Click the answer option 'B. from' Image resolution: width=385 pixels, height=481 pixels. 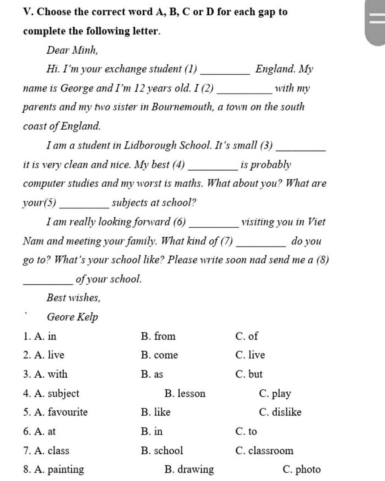[158, 336]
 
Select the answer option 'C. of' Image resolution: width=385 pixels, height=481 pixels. [247, 336]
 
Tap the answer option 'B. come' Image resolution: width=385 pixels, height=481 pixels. [159, 355]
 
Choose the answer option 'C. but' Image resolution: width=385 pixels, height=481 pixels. [249, 374]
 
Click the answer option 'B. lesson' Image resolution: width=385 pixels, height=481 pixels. [185, 393]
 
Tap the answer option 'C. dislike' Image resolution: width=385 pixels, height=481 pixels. [280, 412]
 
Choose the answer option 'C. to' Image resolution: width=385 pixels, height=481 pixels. [246, 431]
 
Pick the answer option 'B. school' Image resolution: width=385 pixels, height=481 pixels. [162, 451]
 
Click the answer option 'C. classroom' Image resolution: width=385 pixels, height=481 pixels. [264, 451]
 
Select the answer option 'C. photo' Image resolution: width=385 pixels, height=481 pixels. [302, 469]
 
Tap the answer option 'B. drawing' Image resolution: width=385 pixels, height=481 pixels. [189, 469]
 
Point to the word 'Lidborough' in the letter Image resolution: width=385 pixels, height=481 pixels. [150, 145]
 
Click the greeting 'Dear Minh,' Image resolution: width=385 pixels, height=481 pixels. [72, 50]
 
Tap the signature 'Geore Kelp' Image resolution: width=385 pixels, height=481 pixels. [72, 317]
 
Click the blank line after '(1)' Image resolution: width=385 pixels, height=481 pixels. [226, 73]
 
